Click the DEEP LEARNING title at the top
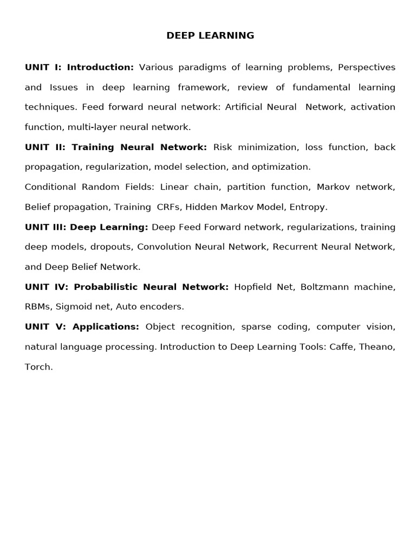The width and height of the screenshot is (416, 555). tap(210, 36)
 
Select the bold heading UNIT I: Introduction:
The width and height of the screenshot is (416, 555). tap(79, 67)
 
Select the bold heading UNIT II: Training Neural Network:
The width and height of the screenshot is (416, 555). tap(116, 147)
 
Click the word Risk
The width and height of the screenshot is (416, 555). tap(223, 147)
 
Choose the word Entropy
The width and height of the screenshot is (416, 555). tap(308, 207)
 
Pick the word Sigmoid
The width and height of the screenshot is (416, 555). tap(74, 307)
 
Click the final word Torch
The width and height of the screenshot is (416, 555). tap(38, 367)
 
